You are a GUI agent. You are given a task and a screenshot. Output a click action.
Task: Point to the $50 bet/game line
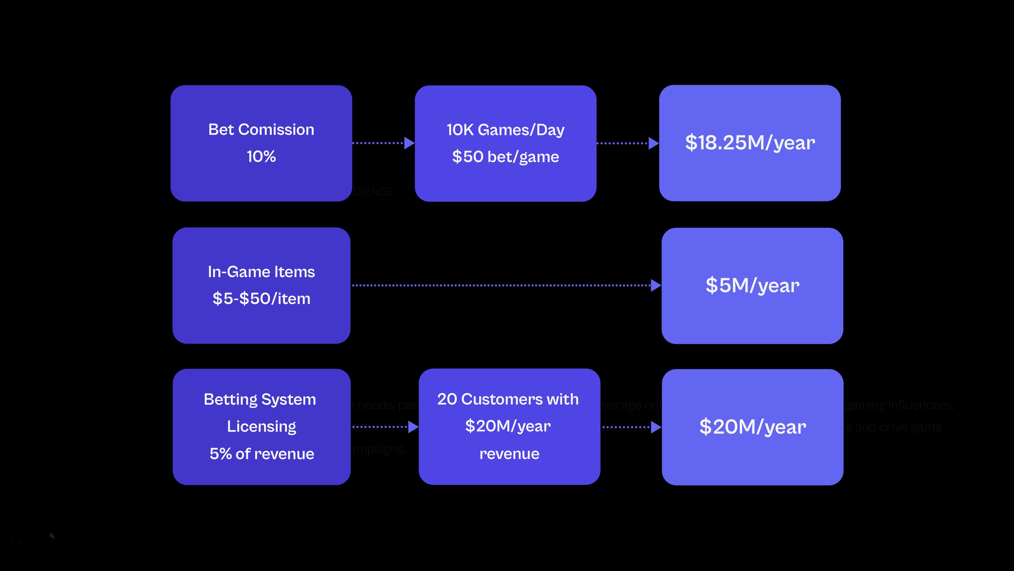[505, 157]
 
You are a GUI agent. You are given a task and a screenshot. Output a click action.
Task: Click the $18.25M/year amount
[750, 143]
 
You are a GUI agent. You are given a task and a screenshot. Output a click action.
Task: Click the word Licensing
[261, 426]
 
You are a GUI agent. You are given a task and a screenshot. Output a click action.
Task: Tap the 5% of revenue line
[261, 454]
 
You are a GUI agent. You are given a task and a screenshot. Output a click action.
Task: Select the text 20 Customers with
[508, 399]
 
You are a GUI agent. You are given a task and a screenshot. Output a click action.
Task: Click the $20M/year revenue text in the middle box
[508, 426]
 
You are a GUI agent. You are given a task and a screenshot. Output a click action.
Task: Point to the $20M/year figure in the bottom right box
[752, 427]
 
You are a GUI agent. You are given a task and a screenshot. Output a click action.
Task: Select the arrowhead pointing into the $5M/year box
[656, 285]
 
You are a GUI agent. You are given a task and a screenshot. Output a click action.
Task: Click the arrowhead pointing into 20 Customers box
[413, 427]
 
